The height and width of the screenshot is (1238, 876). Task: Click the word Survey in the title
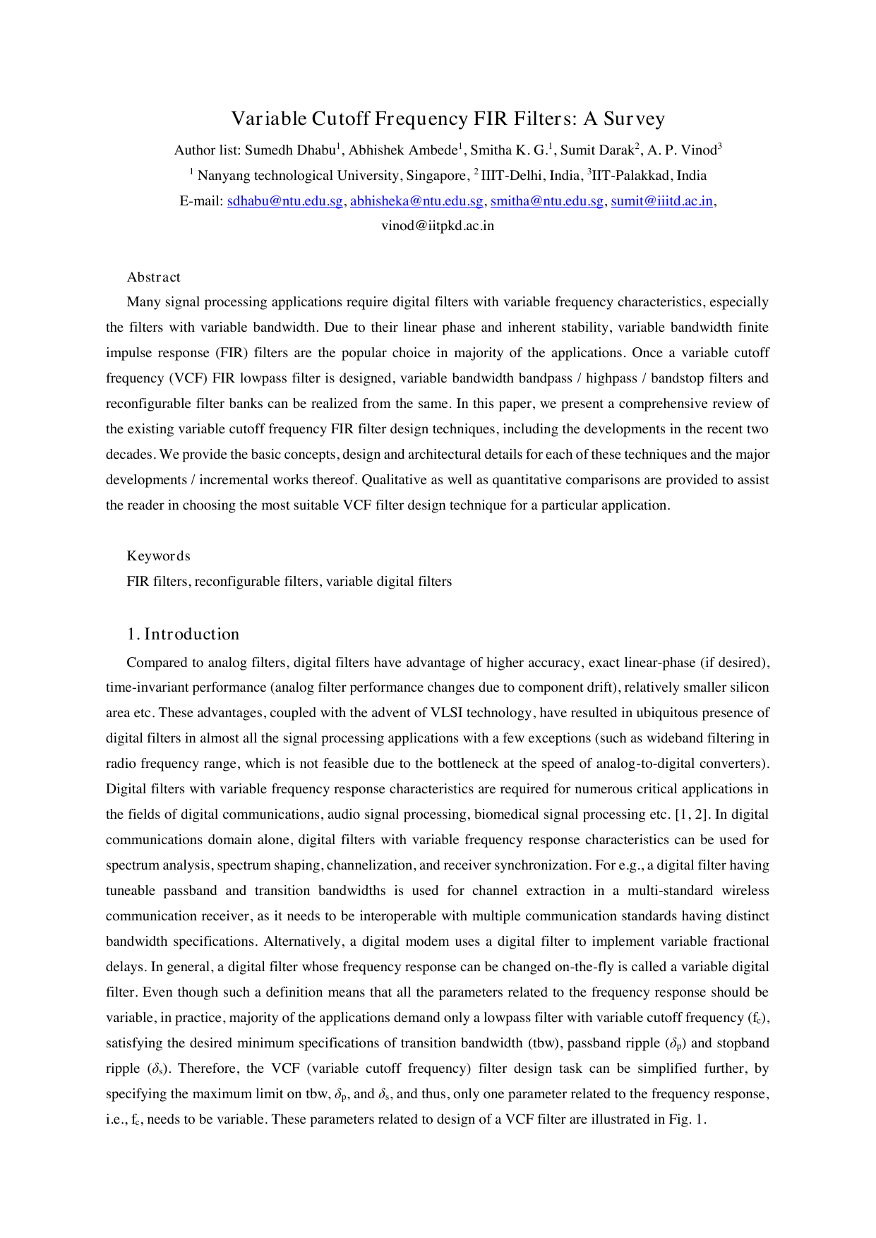pos(634,119)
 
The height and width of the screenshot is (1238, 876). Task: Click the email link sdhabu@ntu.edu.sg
pos(285,201)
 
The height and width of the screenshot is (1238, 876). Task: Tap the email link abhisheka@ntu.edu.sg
pos(416,201)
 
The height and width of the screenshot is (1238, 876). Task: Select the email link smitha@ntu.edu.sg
pos(547,201)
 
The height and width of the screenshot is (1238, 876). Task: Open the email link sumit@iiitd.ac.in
pos(661,201)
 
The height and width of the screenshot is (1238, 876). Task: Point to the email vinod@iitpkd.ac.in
pos(438,227)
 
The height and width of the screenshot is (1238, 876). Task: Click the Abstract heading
pos(153,277)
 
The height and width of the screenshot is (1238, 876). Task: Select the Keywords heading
pos(158,556)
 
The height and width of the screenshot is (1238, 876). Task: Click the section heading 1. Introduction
pos(184,635)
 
